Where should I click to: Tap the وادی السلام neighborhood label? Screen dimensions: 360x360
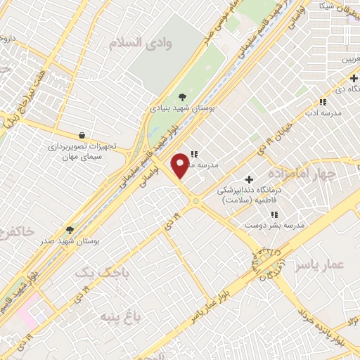[x=140, y=44]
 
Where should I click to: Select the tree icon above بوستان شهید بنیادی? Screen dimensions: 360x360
[x=183, y=97]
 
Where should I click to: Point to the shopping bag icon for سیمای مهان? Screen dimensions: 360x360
[x=82, y=135]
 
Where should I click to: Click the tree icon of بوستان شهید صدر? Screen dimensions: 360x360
[x=70, y=229]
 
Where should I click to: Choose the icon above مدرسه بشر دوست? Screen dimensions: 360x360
[x=274, y=214]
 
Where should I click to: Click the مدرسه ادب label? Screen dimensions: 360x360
[x=326, y=112]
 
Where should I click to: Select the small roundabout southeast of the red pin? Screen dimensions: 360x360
[x=196, y=202]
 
